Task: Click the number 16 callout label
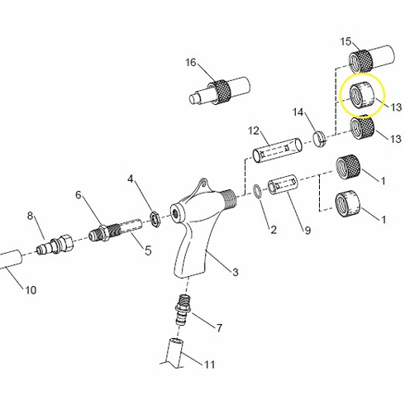point(191,63)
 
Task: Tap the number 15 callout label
point(346,40)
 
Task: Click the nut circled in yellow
point(361,95)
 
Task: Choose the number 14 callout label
point(299,112)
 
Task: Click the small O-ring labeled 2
point(259,192)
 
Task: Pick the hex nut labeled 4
point(153,217)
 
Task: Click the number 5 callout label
point(149,250)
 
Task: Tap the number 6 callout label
point(79,195)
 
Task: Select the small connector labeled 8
point(56,245)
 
